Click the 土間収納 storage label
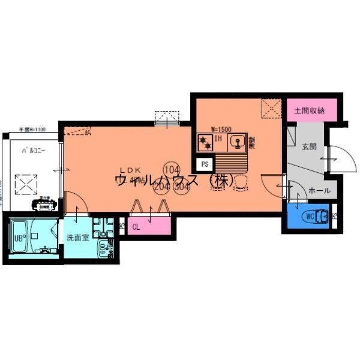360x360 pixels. point(309,110)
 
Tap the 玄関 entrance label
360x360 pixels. point(309,146)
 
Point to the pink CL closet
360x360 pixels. point(137,227)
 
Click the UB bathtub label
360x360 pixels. point(18,236)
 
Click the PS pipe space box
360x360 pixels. point(205,163)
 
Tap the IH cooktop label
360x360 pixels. point(219,140)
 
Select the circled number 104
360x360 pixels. point(172,169)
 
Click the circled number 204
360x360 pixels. point(161,187)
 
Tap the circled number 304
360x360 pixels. point(181,187)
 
